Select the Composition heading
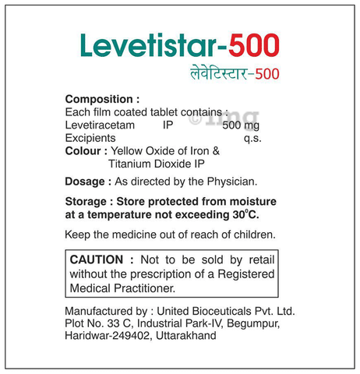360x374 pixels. pos(102,99)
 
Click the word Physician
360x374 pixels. pos(229,182)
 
